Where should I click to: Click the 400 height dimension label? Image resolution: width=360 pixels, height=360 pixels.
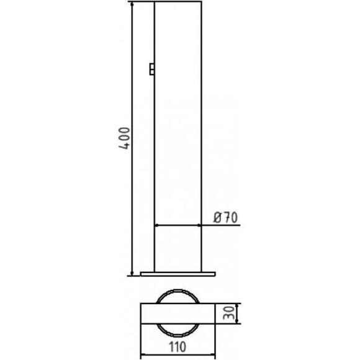(x=125, y=138)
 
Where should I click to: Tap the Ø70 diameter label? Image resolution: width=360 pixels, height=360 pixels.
(x=225, y=217)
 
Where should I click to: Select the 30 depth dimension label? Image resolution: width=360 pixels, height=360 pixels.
(x=229, y=313)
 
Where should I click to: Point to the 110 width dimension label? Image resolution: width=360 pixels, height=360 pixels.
(x=178, y=347)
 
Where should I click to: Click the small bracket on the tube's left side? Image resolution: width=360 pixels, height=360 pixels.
(x=152, y=69)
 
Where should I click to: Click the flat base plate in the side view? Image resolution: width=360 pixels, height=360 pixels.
(x=178, y=274)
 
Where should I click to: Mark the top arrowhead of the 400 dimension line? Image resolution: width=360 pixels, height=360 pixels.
(x=132, y=4)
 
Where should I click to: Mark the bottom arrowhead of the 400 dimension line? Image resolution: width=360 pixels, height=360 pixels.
(x=132, y=273)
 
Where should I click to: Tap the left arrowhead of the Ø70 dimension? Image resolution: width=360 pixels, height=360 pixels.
(x=157, y=225)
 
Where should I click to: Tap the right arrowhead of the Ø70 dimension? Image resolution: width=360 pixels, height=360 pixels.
(x=199, y=225)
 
